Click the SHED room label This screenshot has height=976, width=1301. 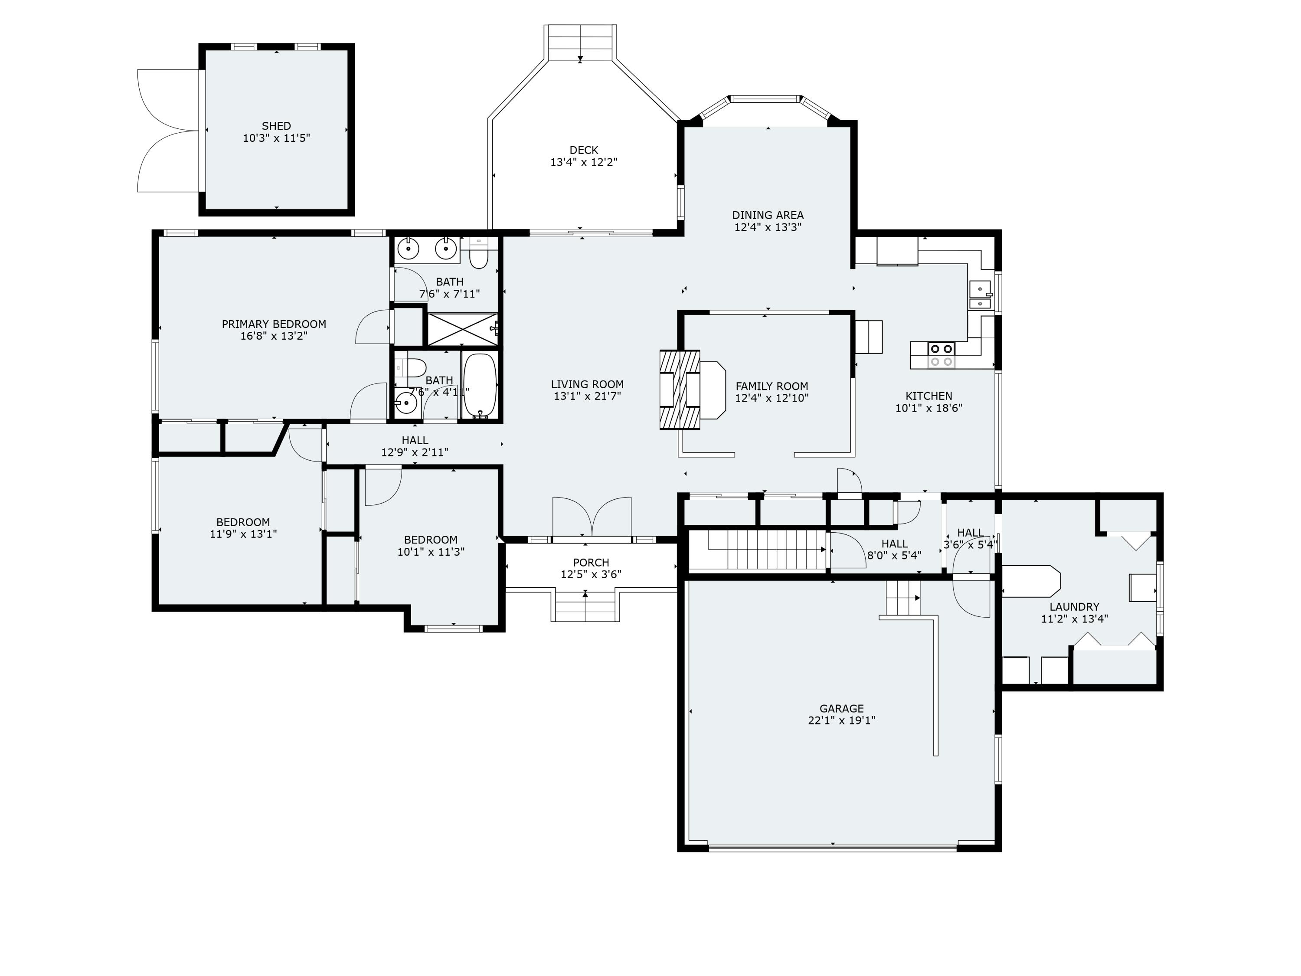click(x=276, y=126)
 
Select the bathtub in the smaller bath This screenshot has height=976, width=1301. click(x=481, y=386)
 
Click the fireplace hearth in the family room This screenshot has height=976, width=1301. click(x=712, y=390)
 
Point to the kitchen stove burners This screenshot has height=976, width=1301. click(x=941, y=355)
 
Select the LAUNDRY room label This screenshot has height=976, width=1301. click(x=1074, y=606)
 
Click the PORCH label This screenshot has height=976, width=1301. click(x=591, y=563)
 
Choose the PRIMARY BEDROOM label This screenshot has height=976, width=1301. click(x=274, y=324)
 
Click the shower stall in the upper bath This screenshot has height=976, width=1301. click(x=462, y=329)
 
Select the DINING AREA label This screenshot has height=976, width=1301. click(x=768, y=215)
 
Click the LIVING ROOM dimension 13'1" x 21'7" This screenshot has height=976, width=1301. click(x=587, y=396)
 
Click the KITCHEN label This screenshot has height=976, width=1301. click(x=929, y=396)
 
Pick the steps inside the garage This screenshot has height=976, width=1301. click(x=902, y=598)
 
